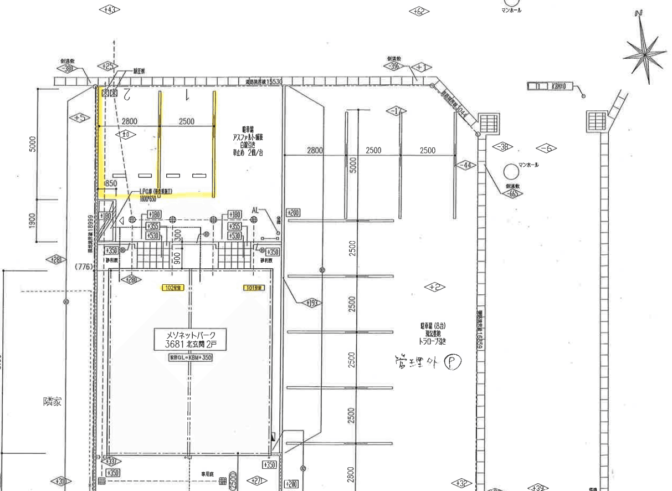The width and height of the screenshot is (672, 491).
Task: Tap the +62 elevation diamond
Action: [x=419, y=11]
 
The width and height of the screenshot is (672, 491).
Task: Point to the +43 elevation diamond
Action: [x=109, y=9]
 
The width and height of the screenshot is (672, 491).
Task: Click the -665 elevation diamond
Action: [x=512, y=193]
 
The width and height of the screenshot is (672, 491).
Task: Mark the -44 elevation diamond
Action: [x=466, y=165]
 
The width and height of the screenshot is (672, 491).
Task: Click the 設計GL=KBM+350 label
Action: [x=191, y=358]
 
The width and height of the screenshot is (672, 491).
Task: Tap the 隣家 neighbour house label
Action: [x=52, y=401]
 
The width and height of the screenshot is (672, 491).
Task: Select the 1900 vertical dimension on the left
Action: [x=33, y=221]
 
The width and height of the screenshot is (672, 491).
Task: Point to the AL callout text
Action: [x=255, y=211]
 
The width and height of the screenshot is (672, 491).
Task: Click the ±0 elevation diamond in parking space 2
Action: [x=125, y=134]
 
